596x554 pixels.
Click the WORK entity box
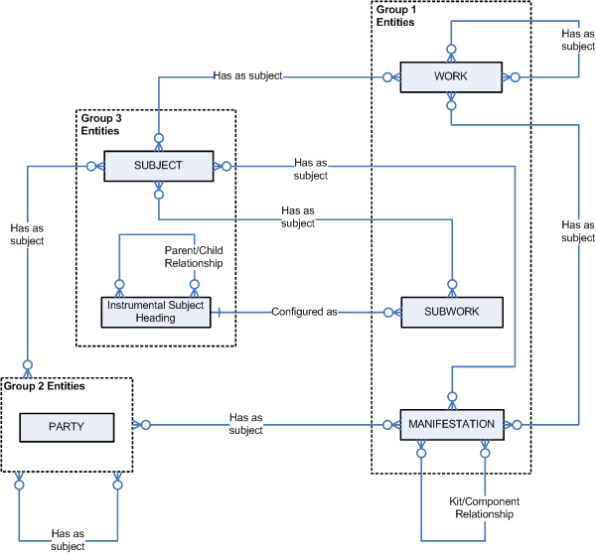coord(450,77)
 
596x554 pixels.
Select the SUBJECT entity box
coord(158,166)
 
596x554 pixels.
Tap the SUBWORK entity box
coord(451,312)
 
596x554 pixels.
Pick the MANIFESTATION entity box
coord(451,425)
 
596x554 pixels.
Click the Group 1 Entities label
coord(395,15)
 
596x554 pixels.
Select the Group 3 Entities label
coord(100,124)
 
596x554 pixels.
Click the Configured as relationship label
coord(304,312)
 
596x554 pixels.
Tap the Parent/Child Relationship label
coord(194,258)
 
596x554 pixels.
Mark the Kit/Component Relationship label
coord(478,508)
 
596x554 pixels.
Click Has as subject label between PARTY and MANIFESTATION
coord(245,424)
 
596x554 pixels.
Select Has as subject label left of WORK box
coord(247,75)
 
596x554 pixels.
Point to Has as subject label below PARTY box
coord(68,540)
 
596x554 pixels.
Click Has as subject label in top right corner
coord(577,37)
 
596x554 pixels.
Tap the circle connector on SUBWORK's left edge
coord(384,312)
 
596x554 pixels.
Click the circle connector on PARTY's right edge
coord(145,426)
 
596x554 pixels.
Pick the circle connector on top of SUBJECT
coord(158,138)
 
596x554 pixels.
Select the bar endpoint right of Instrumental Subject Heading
coord(218,312)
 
